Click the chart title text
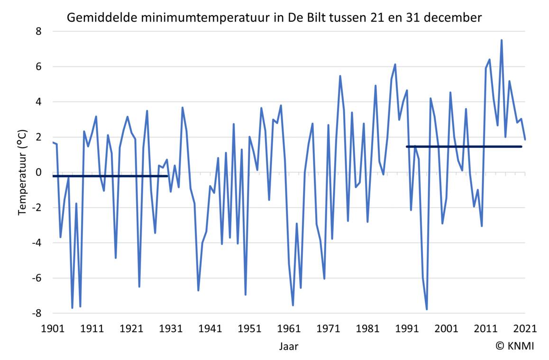click(274, 18)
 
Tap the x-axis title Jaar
click(289, 346)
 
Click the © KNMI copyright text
click(514, 346)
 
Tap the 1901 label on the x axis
click(53, 328)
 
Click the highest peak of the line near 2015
click(502, 40)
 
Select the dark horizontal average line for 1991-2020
click(465, 147)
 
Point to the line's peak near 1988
click(395, 64)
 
